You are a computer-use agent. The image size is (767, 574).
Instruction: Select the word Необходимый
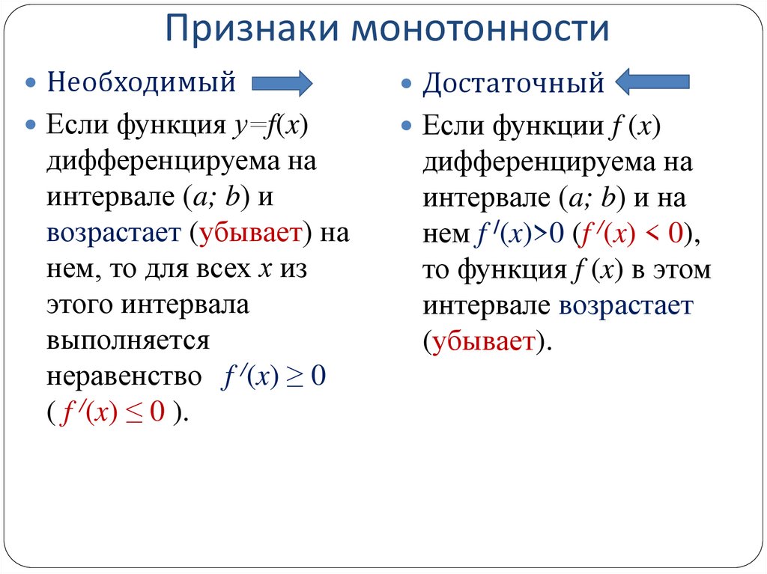pos(142,82)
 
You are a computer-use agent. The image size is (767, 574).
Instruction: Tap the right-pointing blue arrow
pos(282,82)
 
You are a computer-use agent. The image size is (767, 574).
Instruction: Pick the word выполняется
pos(127,341)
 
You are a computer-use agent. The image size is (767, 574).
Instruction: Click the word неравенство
pos(124,377)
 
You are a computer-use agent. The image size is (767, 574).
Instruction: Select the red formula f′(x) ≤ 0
pos(112,414)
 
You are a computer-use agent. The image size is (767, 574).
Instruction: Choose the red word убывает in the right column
pos(482,343)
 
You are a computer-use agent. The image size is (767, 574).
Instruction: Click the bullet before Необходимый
pos(31,82)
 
